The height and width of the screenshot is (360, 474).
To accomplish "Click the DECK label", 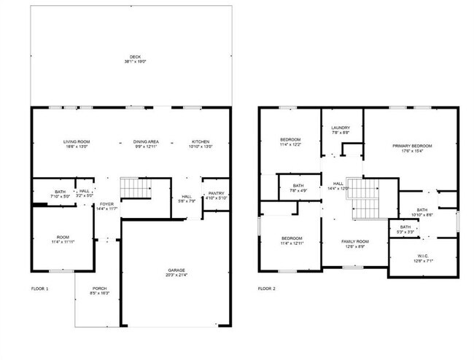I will (135, 57).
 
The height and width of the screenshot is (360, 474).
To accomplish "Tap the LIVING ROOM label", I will (76, 141).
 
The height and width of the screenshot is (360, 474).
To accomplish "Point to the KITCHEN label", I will (201, 141).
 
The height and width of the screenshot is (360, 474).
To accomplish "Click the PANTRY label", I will (216, 193).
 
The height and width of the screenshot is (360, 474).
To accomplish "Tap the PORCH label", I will (100, 288).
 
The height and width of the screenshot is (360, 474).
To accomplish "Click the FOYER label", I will (107, 204).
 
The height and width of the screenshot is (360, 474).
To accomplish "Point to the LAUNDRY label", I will (341, 128).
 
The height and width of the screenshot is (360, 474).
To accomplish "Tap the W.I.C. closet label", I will (423, 256).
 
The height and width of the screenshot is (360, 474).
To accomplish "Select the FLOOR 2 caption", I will (266, 289).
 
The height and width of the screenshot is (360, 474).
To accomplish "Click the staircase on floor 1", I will (135, 187).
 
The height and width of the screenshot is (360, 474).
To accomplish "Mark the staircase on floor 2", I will (362, 198).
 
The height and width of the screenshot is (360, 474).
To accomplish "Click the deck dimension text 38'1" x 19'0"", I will (135, 62).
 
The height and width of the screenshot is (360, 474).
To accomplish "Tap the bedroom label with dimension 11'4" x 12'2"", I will (291, 139).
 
